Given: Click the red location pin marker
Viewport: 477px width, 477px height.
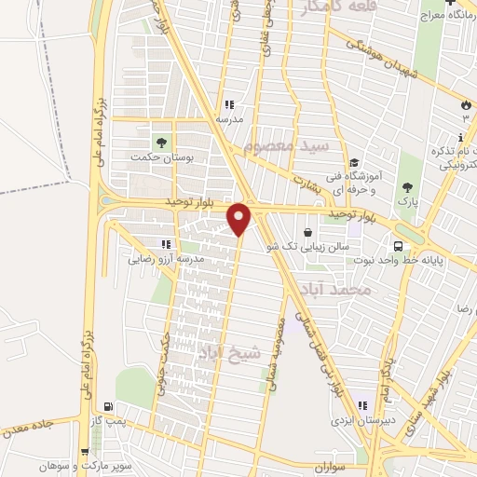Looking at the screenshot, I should pyautogui.click(x=240, y=218).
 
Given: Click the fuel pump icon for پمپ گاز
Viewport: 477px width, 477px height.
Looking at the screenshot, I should pyautogui.click(x=111, y=407).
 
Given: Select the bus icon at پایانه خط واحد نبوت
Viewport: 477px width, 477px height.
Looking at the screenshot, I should pyautogui.click(x=399, y=247).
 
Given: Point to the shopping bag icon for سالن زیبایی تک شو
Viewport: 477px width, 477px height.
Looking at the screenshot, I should pyautogui.click(x=308, y=232).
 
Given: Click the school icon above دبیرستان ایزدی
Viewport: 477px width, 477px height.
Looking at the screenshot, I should pyautogui.click(x=361, y=405).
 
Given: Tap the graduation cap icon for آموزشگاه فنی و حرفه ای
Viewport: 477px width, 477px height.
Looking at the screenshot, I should pyautogui.click(x=354, y=163).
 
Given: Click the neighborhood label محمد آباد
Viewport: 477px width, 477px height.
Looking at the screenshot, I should pyautogui.click(x=369, y=291).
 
